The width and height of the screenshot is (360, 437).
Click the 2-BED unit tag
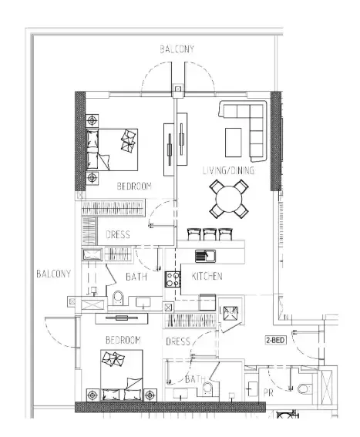(x=275, y=340)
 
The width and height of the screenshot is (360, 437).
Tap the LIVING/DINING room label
(x=228, y=170)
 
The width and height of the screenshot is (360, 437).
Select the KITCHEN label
(x=207, y=276)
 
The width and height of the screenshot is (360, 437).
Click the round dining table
(x=229, y=200)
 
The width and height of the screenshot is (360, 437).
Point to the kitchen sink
(x=205, y=256)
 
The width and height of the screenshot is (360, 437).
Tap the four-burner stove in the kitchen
(x=173, y=279)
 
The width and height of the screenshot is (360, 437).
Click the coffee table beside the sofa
(x=233, y=143)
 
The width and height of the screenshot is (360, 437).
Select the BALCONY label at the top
(x=177, y=49)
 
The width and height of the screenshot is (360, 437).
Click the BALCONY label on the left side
(x=53, y=274)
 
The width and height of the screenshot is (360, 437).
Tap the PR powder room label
(x=268, y=393)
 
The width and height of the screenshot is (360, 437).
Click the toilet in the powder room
(x=304, y=388)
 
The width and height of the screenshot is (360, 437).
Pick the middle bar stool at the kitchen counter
(x=210, y=234)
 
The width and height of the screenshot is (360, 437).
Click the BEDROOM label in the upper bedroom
(x=134, y=186)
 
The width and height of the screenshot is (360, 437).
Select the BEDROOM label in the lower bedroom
(x=123, y=340)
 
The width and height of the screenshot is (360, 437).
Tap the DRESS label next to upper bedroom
(x=118, y=234)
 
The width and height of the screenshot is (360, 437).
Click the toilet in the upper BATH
(x=118, y=297)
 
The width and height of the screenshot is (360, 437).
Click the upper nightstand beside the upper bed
(x=92, y=121)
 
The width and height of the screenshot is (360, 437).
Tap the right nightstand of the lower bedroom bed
(x=150, y=395)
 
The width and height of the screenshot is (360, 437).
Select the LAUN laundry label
(x=229, y=310)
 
